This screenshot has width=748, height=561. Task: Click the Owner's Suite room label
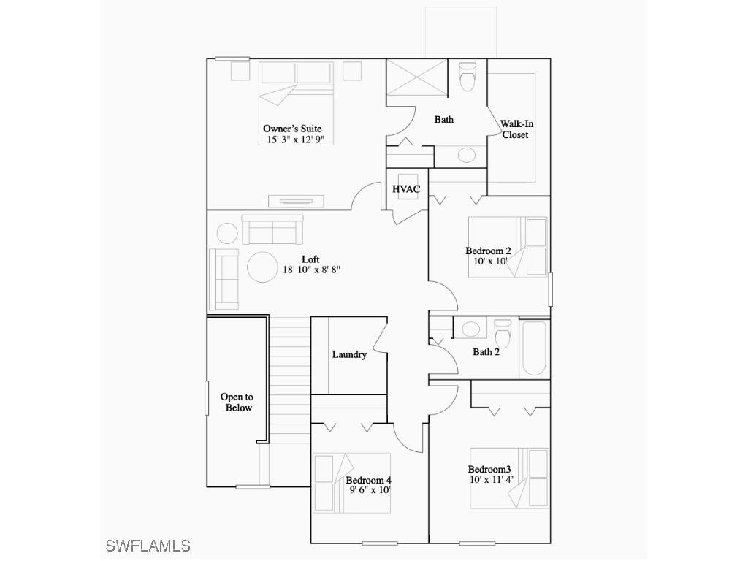[x=297, y=129]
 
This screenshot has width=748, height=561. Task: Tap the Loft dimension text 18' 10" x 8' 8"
[x=311, y=270]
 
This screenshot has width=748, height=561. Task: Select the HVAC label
[x=406, y=189]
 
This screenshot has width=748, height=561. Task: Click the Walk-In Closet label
[x=516, y=129]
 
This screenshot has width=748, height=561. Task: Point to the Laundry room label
[x=349, y=354]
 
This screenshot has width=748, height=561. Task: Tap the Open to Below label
[x=237, y=402]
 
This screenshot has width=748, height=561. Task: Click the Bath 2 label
[x=486, y=352]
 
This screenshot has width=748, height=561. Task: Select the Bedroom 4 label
[x=369, y=480]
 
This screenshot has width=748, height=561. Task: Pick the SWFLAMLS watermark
[x=148, y=546]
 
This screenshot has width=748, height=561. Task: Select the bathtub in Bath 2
[x=533, y=347]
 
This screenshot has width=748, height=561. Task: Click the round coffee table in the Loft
[x=262, y=267]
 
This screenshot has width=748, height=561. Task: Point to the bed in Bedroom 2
[x=508, y=246]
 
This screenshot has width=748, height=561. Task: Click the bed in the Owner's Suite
[x=297, y=102]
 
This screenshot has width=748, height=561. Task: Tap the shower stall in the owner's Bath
[x=416, y=77]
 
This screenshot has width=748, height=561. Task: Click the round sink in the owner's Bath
[x=466, y=155]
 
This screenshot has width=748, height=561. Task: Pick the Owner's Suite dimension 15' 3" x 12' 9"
[x=297, y=139]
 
